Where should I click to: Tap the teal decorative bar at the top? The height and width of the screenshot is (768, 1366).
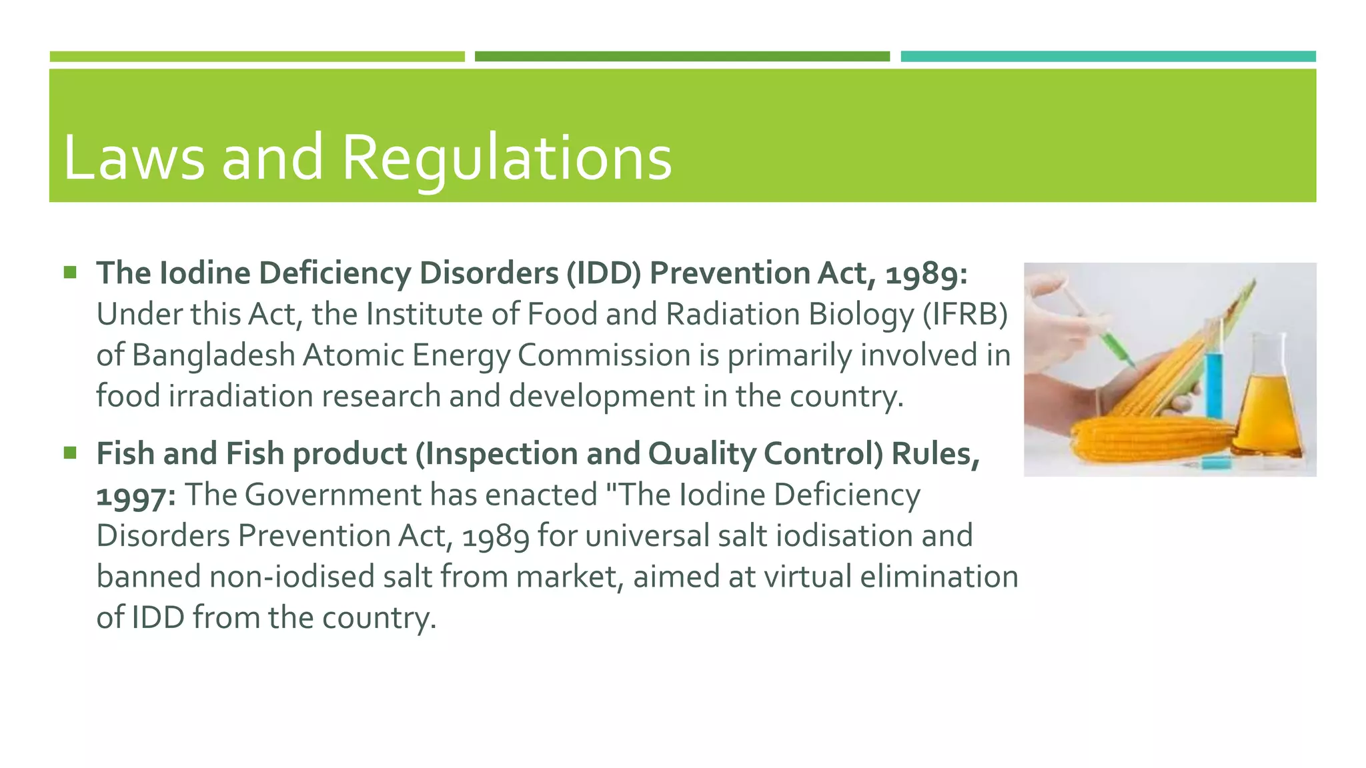1108,57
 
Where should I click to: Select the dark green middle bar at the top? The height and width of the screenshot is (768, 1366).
682,57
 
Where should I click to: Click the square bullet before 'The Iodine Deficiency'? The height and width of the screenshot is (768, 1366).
70,273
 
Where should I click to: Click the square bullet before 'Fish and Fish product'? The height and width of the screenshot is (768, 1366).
70,453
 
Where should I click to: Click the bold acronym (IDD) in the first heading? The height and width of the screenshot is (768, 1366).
604,273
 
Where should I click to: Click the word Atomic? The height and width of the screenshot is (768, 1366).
353,355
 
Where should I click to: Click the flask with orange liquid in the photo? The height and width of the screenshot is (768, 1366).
1267,413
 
